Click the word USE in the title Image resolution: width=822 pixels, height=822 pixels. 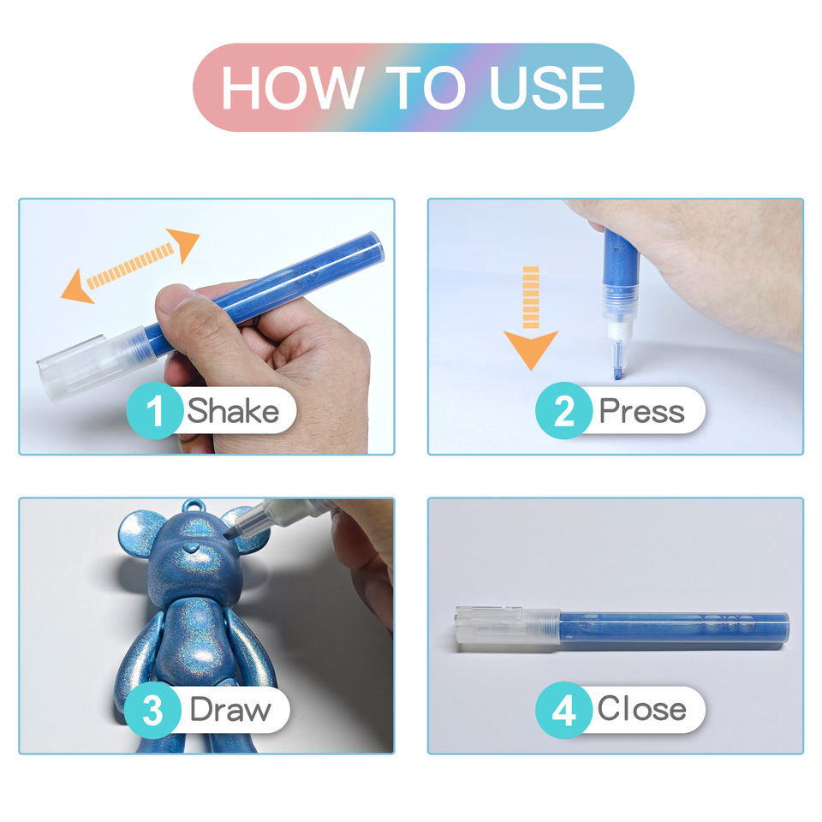point(547,87)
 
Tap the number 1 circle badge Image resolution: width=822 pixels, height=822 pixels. point(155,410)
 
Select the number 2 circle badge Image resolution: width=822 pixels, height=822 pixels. point(563,410)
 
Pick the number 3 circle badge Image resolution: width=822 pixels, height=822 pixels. point(152,710)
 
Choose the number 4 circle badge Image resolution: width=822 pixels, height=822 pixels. point(563,710)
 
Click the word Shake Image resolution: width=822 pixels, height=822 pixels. point(233,410)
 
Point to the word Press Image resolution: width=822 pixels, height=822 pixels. point(641,412)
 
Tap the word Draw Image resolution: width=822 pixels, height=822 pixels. point(230,710)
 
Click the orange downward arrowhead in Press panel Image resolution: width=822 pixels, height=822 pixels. point(531,349)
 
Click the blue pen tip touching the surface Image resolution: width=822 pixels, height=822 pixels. point(618,372)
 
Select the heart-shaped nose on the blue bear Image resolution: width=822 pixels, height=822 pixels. point(193,549)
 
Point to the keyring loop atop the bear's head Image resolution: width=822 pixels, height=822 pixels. point(194,509)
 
